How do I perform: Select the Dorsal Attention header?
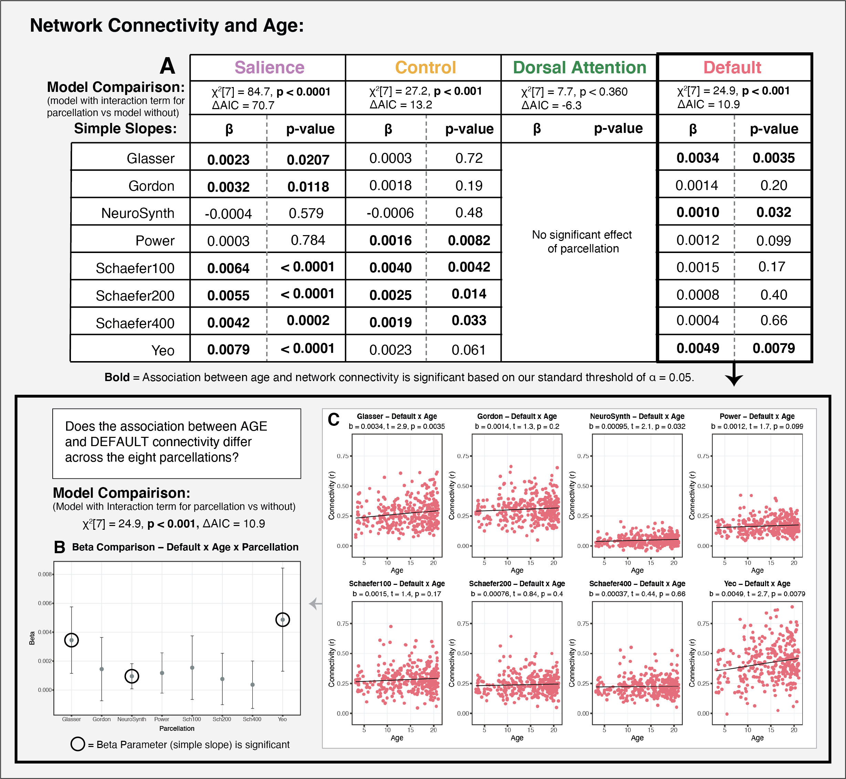(579, 67)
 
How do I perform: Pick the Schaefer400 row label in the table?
(135, 323)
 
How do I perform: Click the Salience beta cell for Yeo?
(228, 349)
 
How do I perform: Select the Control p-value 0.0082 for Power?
(469, 240)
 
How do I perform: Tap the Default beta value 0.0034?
(698, 158)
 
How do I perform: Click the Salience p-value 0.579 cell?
(306, 213)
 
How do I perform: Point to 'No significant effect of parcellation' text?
(582, 242)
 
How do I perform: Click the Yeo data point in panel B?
(283, 619)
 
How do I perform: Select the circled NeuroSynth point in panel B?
(132, 676)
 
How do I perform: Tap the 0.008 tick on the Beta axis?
(45, 574)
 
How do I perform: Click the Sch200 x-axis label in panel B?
(222, 719)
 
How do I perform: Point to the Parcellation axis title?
(177, 728)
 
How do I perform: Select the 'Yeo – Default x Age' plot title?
(757, 583)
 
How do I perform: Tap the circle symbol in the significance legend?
(77, 744)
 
